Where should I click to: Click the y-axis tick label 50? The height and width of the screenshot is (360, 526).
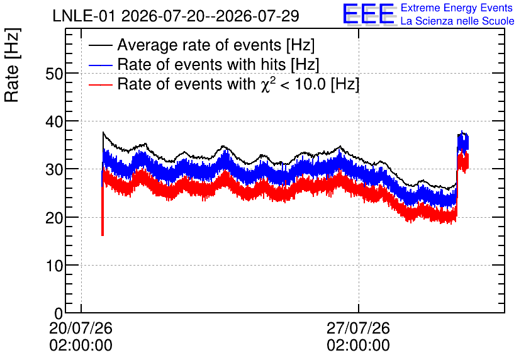point(54,74)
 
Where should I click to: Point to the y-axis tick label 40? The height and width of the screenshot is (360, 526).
point(54,121)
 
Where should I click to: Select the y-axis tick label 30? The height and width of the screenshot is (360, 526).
point(54,169)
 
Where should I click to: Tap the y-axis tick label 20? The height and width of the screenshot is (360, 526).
point(54,218)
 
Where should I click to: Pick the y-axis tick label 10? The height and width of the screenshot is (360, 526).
point(54,266)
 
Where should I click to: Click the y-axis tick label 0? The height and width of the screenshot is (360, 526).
point(59,313)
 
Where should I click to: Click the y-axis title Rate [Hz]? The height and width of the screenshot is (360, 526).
point(12,65)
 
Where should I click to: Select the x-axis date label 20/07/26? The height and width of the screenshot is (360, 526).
point(81,328)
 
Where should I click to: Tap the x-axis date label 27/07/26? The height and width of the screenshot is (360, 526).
point(358,328)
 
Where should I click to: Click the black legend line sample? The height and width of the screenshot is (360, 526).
point(101,45)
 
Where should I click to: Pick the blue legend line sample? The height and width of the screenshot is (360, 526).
point(101,65)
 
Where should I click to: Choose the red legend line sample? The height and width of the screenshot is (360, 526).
point(101,84)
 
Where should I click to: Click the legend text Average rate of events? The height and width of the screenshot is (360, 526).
point(199,45)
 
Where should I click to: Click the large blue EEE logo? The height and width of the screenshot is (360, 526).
point(369,14)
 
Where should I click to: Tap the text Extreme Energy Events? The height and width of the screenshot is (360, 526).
point(457,8)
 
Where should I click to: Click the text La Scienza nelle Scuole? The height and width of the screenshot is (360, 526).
point(457,21)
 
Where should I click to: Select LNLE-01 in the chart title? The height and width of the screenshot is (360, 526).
point(85,16)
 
